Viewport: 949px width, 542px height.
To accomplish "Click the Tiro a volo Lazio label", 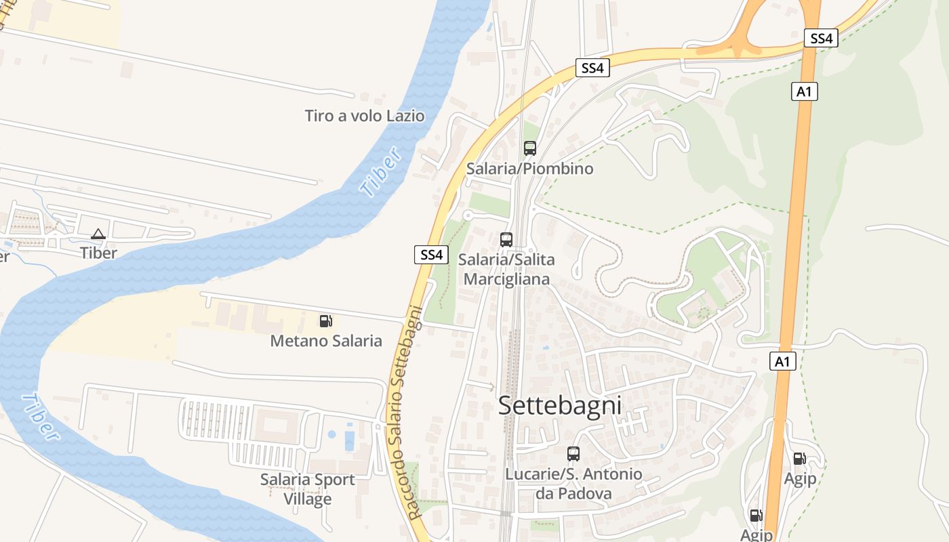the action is [x=365, y=116].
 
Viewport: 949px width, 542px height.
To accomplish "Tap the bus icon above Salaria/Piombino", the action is [x=530, y=148].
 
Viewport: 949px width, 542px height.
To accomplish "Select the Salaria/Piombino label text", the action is [x=529, y=169].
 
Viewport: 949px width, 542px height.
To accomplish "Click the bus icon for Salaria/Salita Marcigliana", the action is [x=506, y=239].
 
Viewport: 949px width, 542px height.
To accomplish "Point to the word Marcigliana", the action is [x=506, y=278].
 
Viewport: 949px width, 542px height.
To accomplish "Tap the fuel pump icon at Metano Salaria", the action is [x=326, y=320].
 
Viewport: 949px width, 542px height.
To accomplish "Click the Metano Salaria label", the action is [x=326, y=341].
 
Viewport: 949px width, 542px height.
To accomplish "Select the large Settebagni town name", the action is [x=560, y=406].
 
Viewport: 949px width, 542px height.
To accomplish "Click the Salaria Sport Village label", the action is [x=308, y=488].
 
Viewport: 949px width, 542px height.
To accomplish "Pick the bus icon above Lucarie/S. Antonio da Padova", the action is [x=573, y=454].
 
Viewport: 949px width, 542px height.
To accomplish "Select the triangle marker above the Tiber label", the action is [x=98, y=234].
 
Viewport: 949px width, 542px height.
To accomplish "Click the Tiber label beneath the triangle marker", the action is [x=98, y=253].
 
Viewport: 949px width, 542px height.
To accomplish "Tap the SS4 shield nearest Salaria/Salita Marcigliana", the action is [x=431, y=255].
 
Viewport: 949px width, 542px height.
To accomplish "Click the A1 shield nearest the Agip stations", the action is [x=783, y=362].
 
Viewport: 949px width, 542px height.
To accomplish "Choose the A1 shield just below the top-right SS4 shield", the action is [x=804, y=91].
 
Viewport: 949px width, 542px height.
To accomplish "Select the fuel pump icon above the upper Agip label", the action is [x=800, y=459].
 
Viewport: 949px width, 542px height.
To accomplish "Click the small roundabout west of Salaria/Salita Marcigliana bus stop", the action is [x=467, y=215].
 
